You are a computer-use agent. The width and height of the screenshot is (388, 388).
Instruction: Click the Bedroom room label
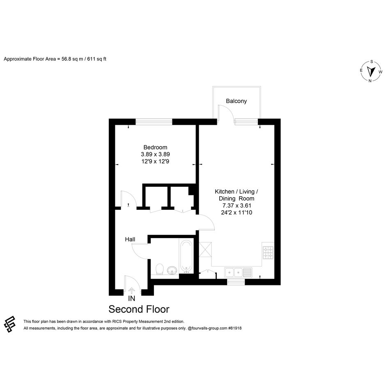point(155,147)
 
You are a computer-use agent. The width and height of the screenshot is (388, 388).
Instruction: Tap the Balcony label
point(236,101)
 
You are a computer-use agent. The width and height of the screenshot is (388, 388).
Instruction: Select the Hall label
point(130,239)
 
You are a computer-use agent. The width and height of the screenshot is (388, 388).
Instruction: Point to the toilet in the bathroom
point(160,269)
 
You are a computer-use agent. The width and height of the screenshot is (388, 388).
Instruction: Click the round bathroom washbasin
point(172,271)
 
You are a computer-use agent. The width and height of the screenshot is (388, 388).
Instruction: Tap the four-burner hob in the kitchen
point(268,253)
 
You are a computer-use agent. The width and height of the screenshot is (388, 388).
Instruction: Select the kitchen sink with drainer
point(238,273)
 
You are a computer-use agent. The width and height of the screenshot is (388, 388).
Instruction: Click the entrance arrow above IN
point(131,291)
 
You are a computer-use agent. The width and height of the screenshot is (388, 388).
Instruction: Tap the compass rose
point(371,71)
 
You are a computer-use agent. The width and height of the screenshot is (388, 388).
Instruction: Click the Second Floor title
point(139,309)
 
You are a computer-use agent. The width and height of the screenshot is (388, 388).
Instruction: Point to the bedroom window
point(154,122)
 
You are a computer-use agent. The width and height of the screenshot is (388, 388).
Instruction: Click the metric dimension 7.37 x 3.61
point(237,205)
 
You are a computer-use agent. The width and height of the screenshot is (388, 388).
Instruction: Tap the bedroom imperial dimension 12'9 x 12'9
point(155,161)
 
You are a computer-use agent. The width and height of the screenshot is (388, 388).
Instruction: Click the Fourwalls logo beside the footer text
point(10,324)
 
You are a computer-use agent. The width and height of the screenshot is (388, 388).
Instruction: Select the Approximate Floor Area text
point(55,59)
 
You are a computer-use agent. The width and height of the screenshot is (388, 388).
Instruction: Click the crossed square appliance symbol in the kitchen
point(205,250)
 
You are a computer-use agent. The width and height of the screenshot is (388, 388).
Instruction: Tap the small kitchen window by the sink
point(236,282)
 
